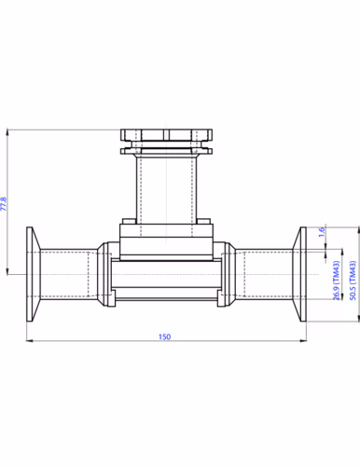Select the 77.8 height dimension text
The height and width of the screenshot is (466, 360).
pos(7,203)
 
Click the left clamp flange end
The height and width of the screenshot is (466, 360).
pos(32,273)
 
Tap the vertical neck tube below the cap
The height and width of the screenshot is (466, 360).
pos(169,186)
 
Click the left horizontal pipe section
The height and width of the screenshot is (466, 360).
pos(70,273)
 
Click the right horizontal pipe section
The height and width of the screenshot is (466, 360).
pos(266,273)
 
